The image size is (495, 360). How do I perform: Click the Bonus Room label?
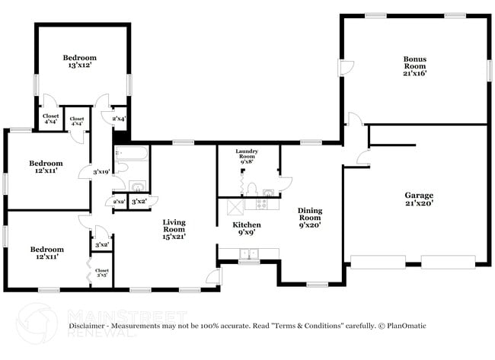pyautogui.click(x=414, y=65)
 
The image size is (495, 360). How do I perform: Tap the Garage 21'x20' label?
pyautogui.click(x=418, y=200)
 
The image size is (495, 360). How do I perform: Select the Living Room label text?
pyautogui.click(x=174, y=229)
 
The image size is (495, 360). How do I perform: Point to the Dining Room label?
pyautogui.click(x=309, y=217)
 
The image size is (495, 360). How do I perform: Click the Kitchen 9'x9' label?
pyautogui.click(x=247, y=229)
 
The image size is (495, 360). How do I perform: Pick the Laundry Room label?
pyautogui.click(x=247, y=156)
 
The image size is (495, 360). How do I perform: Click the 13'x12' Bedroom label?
pyautogui.click(x=80, y=62)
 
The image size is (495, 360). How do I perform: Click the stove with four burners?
pyautogui.click(x=260, y=204)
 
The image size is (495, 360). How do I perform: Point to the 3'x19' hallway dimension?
pyautogui.click(x=101, y=172)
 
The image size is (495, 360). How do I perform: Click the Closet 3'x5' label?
pyautogui.click(x=102, y=272)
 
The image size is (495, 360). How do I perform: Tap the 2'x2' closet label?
pyautogui.click(x=120, y=201)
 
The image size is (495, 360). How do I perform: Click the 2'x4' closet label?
pyautogui.click(x=119, y=119)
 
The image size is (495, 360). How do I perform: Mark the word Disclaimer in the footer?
pyautogui.click(x=89, y=326)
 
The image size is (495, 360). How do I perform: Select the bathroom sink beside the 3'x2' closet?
pyautogui.click(x=136, y=186)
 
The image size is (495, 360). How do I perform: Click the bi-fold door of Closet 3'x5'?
pyautogui.click(x=90, y=272)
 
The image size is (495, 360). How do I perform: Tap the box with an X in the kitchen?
pyautogui.click(x=235, y=205)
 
